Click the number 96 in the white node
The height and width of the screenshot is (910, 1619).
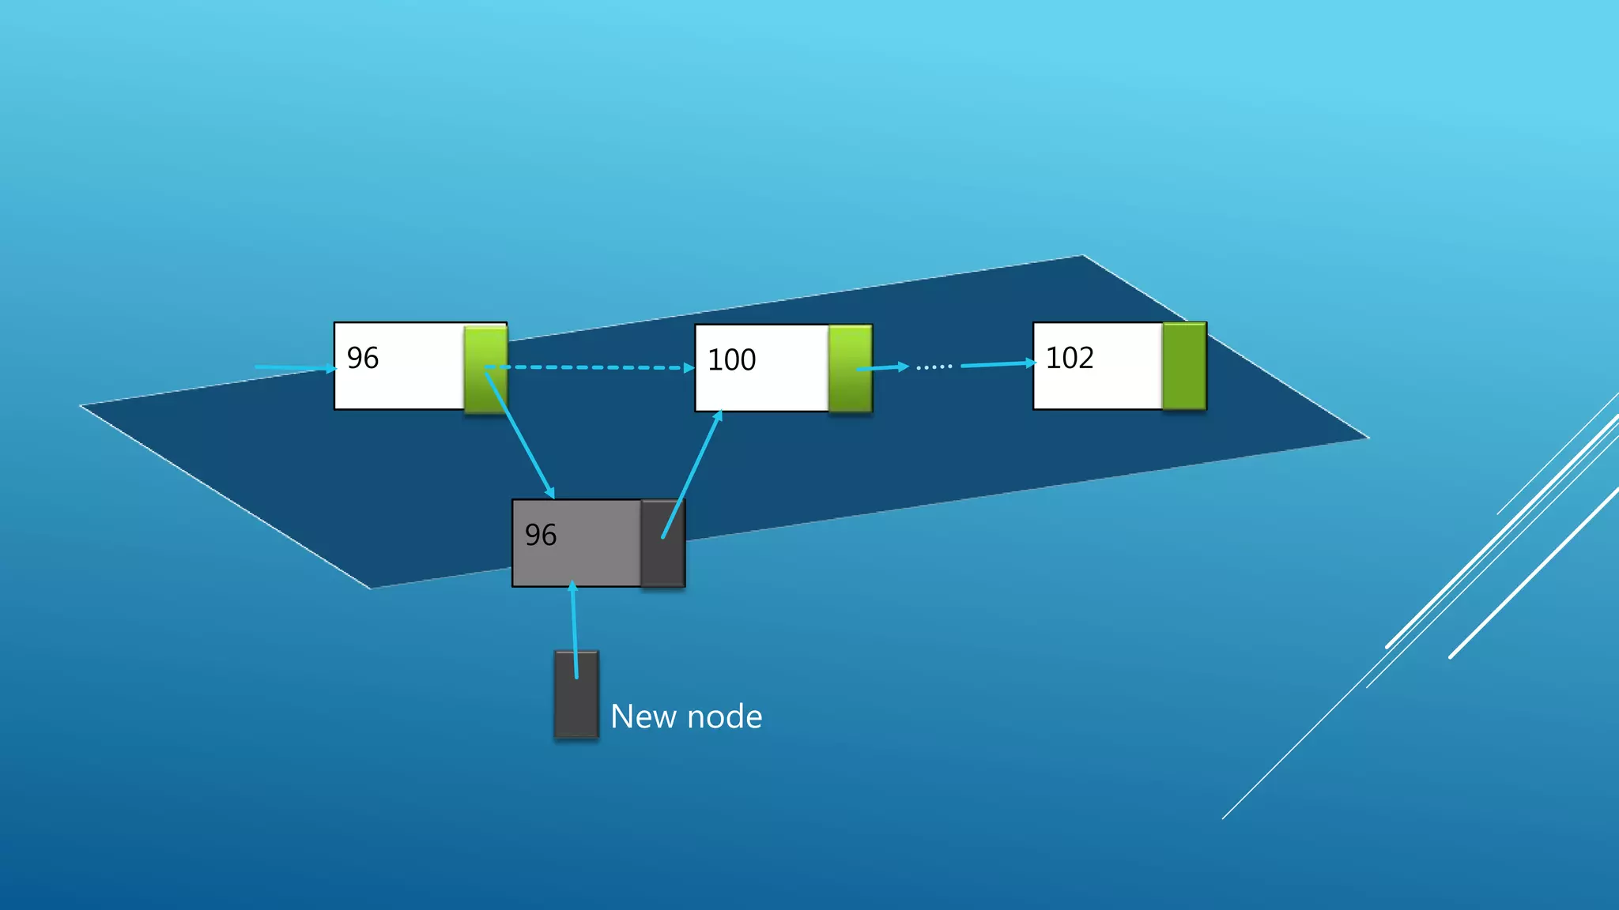(363, 358)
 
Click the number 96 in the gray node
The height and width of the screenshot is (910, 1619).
(541, 535)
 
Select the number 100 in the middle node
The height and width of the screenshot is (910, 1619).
(731, 360)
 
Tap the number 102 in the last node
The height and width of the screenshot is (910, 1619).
(1070, 358)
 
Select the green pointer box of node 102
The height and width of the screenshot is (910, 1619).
(1184, 366)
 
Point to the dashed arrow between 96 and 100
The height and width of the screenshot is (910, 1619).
(593, 367)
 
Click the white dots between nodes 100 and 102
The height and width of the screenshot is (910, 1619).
(934, 367)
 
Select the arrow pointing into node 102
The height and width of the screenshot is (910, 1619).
(998, 364)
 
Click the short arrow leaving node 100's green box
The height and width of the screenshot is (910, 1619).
(882, 367)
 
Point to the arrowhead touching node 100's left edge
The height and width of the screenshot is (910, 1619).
(689, 367)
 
